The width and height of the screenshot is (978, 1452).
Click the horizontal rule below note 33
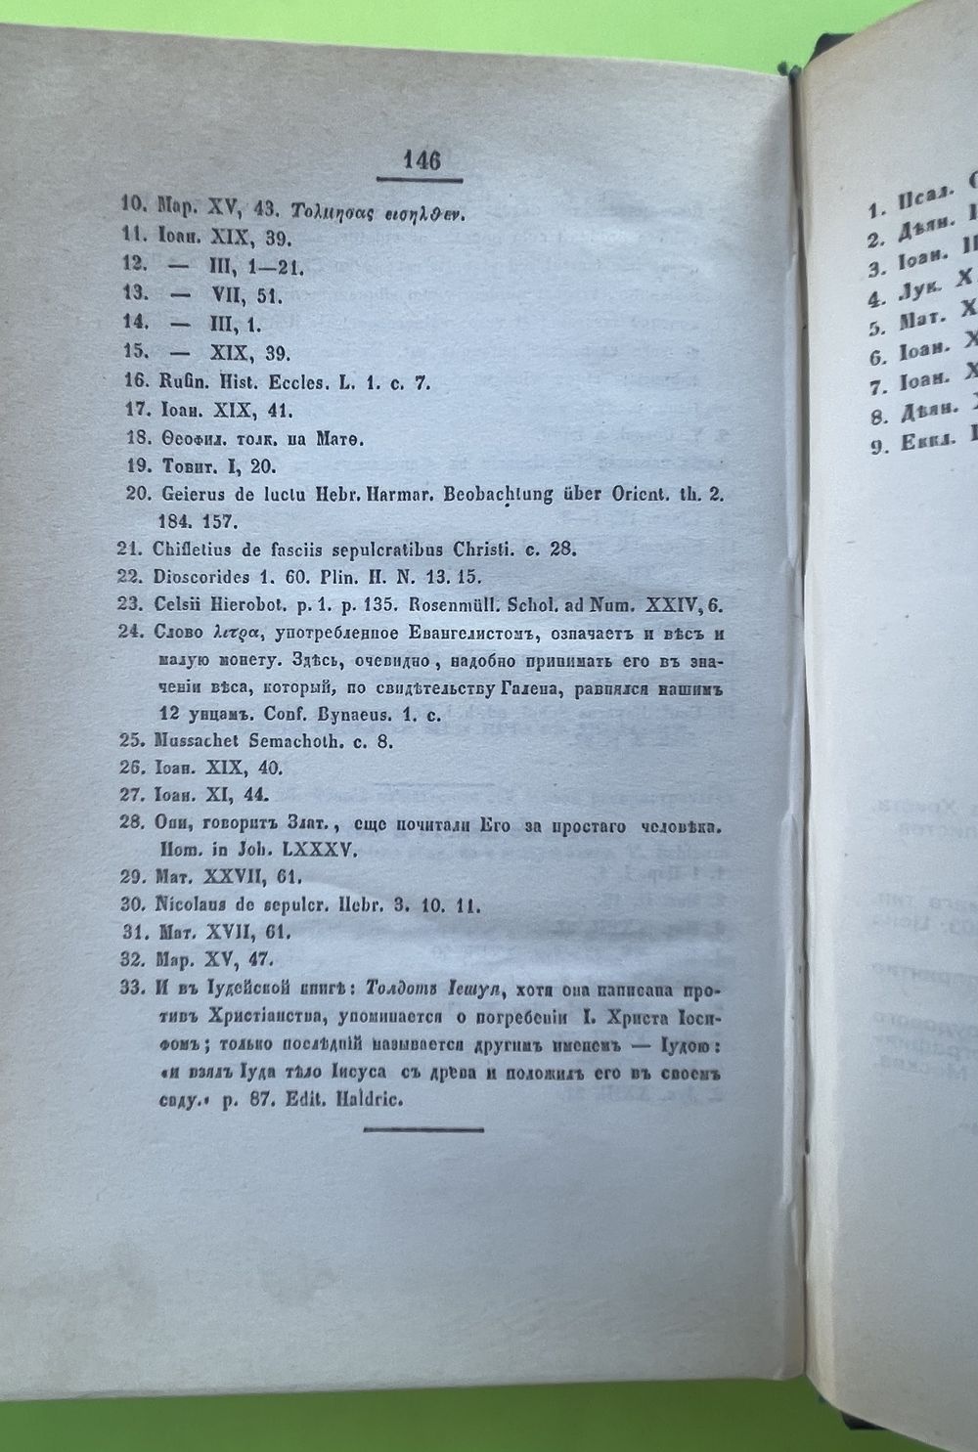pos(423,1129)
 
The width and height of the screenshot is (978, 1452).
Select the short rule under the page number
pos(420,179)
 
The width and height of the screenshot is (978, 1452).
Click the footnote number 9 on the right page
pos(876,447)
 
